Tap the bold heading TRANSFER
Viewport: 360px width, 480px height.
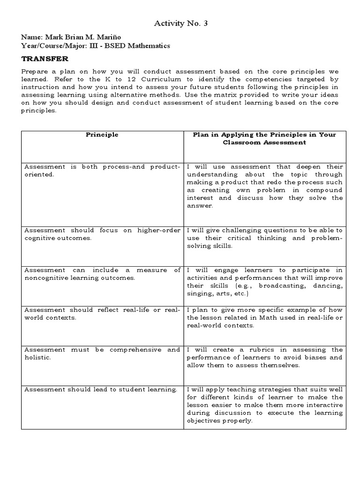[45, 59]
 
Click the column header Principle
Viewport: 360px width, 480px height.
[102, 135]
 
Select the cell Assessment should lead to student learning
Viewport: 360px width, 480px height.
[101, 389]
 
